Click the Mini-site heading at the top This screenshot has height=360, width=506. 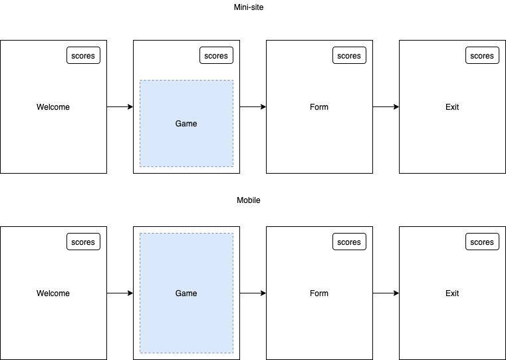(249, 7)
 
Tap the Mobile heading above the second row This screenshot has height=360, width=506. (249, 200)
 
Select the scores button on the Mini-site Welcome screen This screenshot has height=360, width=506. (83, 56)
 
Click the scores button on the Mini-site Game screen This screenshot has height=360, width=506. (216, 56)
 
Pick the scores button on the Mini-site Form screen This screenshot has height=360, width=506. (349, 56)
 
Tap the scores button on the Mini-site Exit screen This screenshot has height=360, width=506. (482, 56)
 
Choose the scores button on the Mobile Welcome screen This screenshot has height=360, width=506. (83, 242)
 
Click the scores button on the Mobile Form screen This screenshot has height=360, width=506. (349, 242)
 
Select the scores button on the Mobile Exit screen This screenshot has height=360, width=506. (482, 242)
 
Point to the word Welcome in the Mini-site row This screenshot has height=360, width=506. (53, 107)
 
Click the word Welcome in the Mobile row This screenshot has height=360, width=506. (53, 293)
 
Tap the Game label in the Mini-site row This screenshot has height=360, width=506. (186, 124)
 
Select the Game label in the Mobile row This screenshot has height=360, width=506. (186, 293)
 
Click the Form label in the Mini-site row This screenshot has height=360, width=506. (319, 107)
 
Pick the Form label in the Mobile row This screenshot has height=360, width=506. (319, 293)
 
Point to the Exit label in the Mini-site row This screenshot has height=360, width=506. (452, 107)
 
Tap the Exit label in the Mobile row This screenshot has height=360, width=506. (452, 293)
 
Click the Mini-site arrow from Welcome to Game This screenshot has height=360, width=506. (120, 106)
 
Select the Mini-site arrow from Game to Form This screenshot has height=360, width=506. (253, 106)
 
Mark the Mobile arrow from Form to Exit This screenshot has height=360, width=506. (386, 293)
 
